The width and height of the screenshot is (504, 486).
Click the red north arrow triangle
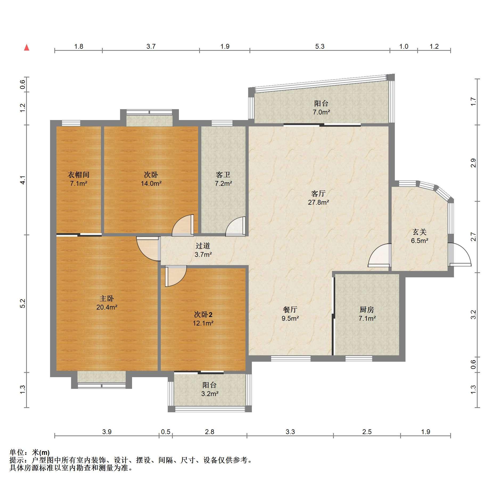(x=27, y=48)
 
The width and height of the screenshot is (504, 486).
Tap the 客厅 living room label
(x=318, y=193)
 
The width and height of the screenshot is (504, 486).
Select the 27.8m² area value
(x=318, y=202)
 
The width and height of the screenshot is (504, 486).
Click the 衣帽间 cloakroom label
(x=79, y=175)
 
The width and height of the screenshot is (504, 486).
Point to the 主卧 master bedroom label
(x=107, y=298)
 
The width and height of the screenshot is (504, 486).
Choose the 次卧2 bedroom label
(x=203, y=315)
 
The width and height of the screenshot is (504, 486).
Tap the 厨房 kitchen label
(x=367, y=310)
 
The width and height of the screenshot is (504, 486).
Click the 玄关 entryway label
(x=420, y=232)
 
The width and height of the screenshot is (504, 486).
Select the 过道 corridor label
(x=203, y=246)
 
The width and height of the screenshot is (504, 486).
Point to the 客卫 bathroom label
(x=223, y=175)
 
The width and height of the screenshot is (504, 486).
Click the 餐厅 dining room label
(x=290, y=310)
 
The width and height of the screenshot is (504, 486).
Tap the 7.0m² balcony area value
(x=321, y=112)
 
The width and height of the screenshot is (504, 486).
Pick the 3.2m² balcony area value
(x=210, y=394)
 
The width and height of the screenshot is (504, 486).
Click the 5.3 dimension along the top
(x=320, y=47)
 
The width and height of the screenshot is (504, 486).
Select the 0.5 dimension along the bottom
(x=166, y=432)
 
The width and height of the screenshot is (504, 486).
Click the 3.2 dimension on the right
(x=473, y=315)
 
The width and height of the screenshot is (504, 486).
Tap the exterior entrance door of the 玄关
(x=460, y=255)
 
